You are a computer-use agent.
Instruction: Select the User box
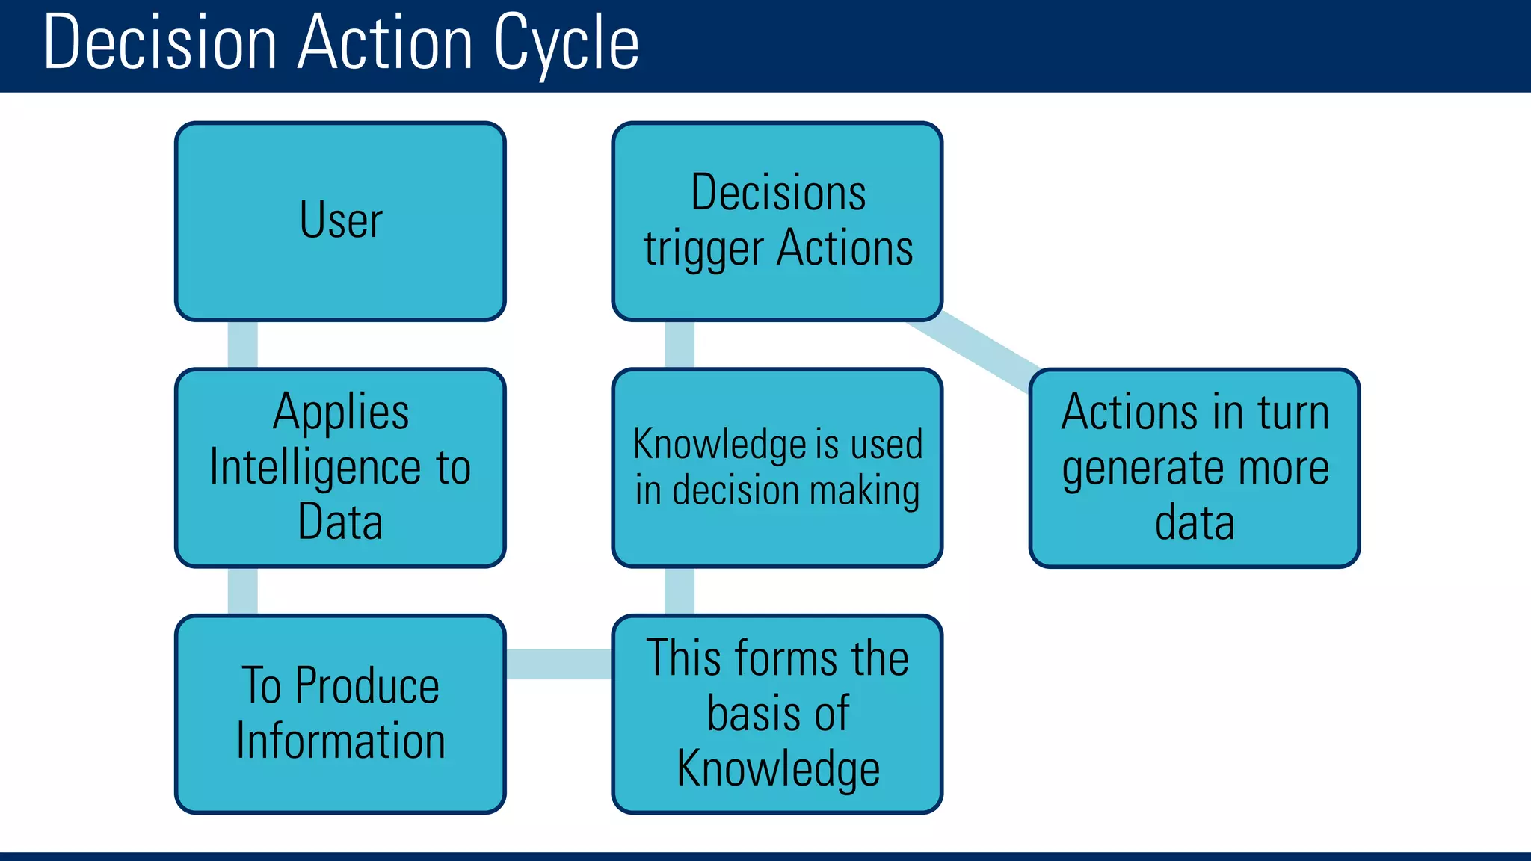click(340, 221)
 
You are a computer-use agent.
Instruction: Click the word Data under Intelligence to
click(340, 522)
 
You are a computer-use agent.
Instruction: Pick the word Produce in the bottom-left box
click(367, 685)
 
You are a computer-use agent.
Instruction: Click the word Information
click(341, 741)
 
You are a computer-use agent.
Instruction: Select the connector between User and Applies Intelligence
click(242, 345)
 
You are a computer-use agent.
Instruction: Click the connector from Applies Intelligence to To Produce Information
click(242, 590)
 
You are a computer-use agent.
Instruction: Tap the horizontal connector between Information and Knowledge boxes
click(558, 664)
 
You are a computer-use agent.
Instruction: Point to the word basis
click(748, 714)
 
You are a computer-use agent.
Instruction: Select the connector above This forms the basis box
click(679, 590)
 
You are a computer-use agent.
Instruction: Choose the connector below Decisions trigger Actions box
click(679, 345)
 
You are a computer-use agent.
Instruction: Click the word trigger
click(703, 250)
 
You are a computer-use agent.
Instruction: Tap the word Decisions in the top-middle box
click(778, 193)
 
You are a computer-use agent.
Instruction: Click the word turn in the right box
click(1293, 413)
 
